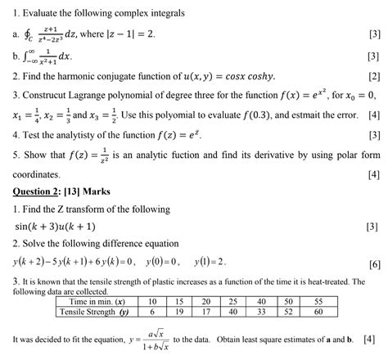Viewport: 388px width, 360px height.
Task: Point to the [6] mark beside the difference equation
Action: point(373,264)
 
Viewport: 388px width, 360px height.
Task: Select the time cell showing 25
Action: point(234,300)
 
